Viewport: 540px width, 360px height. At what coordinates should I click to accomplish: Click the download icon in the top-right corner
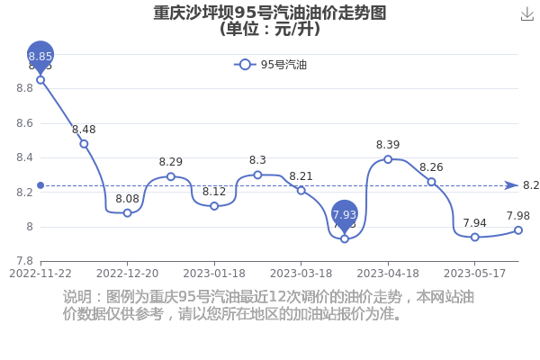pos(526,14)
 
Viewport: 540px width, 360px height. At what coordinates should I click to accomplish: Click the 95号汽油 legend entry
pos(270,65)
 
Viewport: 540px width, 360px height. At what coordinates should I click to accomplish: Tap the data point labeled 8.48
pos(84,144)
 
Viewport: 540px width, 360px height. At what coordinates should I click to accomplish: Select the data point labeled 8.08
pos(128,213)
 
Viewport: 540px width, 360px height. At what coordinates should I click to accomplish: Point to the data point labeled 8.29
pos(171,176)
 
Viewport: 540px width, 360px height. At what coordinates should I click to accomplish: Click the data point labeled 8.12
pos(214,206)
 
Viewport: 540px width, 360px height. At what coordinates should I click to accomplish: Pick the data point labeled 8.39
pos(388,159)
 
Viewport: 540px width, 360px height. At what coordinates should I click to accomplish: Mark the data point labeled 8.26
pos(431,182)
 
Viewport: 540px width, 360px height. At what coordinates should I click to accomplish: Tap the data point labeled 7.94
pos(475,237)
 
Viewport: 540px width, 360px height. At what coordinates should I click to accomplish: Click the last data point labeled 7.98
pos(518,230)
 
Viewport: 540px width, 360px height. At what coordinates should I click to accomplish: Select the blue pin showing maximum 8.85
pos(40,56)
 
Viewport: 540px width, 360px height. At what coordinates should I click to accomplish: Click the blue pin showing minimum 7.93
pos(345,215)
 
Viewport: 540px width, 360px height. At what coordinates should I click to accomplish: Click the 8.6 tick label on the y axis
pos(25,123)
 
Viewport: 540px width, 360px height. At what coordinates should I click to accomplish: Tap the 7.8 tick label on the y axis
pos(25,261)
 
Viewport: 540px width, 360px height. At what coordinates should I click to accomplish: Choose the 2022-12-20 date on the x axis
pos(128,274)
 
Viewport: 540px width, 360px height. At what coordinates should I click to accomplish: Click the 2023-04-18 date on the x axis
pos(388,274)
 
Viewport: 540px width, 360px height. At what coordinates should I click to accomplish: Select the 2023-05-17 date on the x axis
pos(475,274)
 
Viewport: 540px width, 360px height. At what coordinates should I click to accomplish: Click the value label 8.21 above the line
pos(301,176)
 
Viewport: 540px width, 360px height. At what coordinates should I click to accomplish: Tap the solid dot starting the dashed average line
pos(40,185)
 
